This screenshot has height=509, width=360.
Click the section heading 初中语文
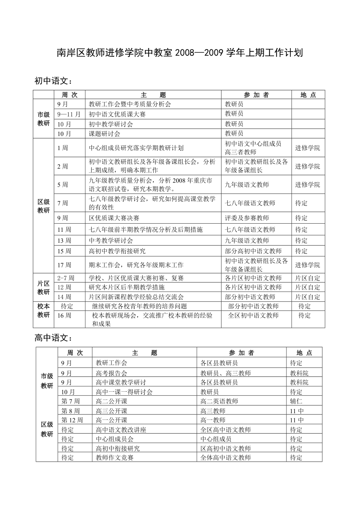53,81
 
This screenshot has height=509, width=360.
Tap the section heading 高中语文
53,338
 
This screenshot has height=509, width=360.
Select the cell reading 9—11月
69,114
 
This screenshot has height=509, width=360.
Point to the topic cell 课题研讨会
104,134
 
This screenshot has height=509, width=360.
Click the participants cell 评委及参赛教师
247,218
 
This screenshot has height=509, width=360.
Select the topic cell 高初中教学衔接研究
117,251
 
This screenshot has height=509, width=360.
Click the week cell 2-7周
66,278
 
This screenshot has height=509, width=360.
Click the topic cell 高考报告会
111,373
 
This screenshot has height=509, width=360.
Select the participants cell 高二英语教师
219,401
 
